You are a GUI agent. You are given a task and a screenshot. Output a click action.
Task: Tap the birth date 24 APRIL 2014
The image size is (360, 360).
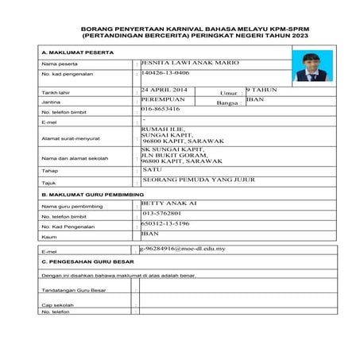[x=165, y=91]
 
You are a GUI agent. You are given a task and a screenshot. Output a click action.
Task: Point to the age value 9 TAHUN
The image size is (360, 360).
[x=261, y=91]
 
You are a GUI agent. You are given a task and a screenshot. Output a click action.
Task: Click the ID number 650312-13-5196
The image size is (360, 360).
[x=167, y=224]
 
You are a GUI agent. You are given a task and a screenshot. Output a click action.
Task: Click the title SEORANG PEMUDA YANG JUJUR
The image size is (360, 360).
[x=198, y=180]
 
